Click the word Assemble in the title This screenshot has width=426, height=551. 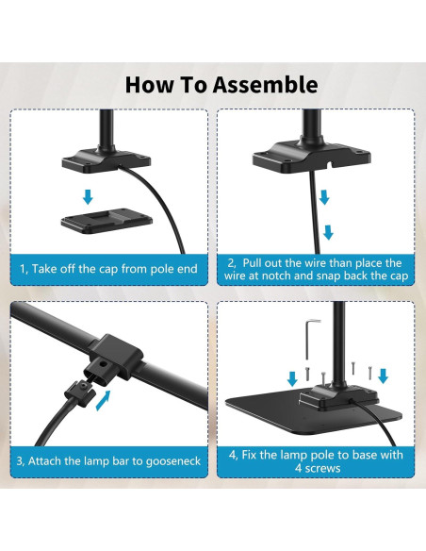point(266,86)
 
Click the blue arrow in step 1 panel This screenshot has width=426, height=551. point(88,196)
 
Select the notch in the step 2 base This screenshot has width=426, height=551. point(330,164)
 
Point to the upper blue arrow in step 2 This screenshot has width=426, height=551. point(324,197)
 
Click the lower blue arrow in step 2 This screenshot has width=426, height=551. point(328,233)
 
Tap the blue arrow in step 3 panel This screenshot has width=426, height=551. point(104,400)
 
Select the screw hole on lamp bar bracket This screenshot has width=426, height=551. point(103,364)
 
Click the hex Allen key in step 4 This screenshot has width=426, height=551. point(309,338)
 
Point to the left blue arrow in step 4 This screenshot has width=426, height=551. point(292,379)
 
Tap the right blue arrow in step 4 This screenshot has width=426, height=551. point(383,376)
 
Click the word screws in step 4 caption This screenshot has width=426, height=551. point(323,468)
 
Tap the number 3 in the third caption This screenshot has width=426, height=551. point(19,461)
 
